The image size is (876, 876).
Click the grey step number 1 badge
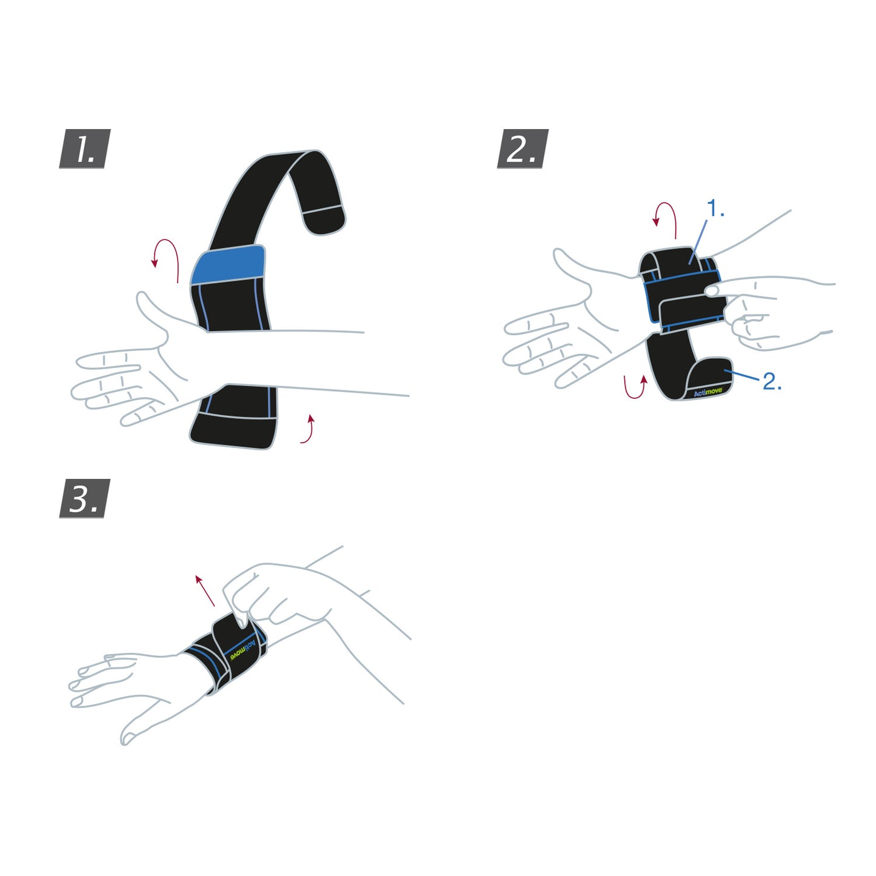(85, 149)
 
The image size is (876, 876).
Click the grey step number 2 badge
(522, 149)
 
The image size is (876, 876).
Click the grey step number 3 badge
(85, 498)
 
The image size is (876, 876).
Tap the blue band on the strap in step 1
(228, 264)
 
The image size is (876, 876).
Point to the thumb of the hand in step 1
(151, 312)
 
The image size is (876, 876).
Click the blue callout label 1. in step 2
(716, 209)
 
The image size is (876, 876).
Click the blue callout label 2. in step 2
(771, 382)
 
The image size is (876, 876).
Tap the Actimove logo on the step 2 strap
(708, 393)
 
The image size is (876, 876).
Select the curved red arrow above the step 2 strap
(665, 218)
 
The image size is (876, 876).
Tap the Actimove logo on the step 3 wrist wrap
(239, 651)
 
